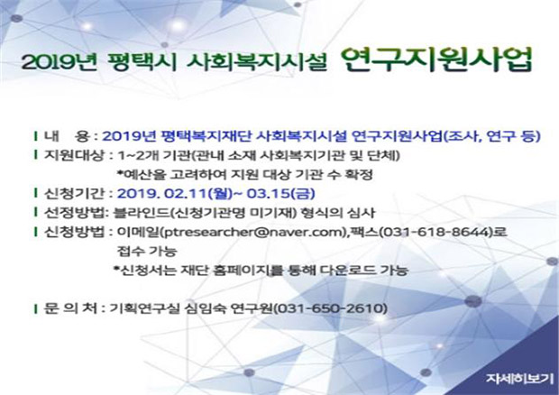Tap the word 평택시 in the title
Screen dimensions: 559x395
click(x=142, y=62)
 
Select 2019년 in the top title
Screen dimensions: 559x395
click(x=60, y=62)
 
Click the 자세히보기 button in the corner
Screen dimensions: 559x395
click(x=520, y=379)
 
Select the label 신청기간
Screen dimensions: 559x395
click(x=74, y=193)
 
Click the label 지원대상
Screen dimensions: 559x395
click(x=74, y=155)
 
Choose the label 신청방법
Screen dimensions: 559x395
click(x=74, y=232)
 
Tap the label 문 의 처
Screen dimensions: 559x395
click(x=70, y=308)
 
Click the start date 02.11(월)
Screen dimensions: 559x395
click(x=198, y=193)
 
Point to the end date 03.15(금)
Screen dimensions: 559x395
click(x=281, y=193)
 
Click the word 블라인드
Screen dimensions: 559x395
click(x=142, y=213)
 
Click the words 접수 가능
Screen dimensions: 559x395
click(x=147, y=252)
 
